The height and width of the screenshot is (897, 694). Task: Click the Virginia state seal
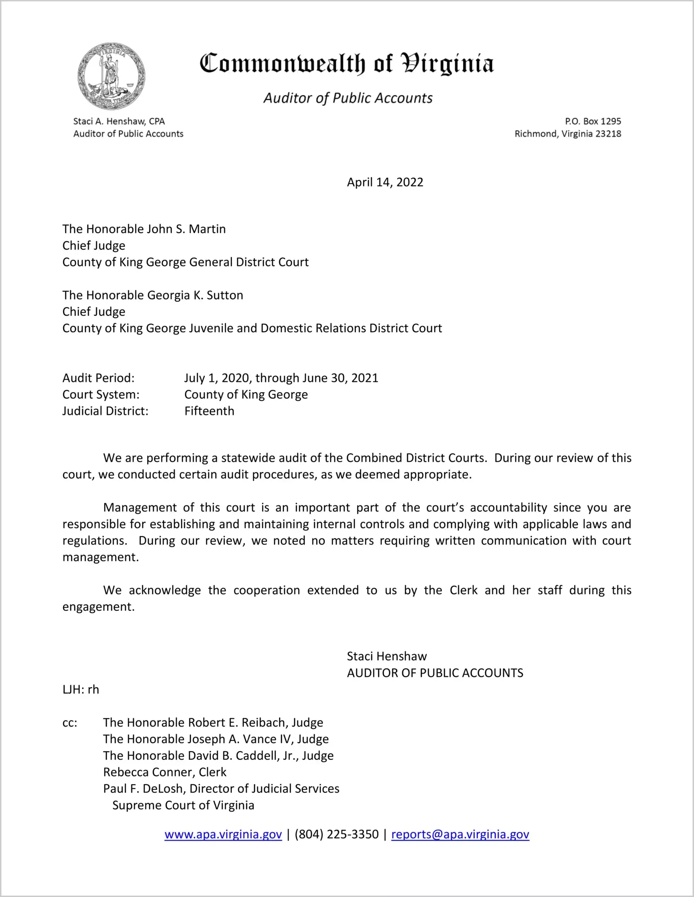coord(111,76)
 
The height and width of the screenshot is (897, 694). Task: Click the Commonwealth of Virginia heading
coord(347,64)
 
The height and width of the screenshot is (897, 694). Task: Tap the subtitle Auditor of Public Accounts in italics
coord(348,98)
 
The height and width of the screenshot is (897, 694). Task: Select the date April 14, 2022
coord(385,182)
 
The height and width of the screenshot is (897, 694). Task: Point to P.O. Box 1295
coord(593,121)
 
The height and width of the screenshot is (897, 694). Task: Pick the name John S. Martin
coord(186,229)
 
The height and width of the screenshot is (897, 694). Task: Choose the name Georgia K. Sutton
coord(195,295)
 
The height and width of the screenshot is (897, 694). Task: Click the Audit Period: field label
coord(98,378)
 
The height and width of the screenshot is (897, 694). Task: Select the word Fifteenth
coord(210,411)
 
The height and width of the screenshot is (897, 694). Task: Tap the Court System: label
coord(101,395)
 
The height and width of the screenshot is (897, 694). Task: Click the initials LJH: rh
coord(81,690)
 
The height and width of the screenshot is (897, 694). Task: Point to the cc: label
coord(70,723)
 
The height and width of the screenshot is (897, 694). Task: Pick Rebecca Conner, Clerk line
coord(165,772)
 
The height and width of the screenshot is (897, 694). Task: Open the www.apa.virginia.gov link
coord(223,834)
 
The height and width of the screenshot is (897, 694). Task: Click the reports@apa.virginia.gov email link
coord(460,834)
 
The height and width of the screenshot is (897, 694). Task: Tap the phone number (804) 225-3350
coord(336,834)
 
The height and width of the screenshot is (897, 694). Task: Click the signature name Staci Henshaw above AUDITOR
coord(387,656)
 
